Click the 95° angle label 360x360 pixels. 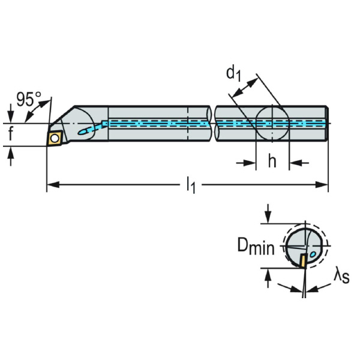(x=29, y=98)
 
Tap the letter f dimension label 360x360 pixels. (x=11, y=134)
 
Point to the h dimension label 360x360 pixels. (x=272, y=162)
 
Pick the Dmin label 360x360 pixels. (x=256, y=247)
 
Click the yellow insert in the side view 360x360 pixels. (x=55, y=139)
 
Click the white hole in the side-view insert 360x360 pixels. (x=55, y=139)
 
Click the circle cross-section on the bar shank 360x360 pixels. (x=272, y=123)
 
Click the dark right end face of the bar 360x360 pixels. (x=328, y=123)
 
